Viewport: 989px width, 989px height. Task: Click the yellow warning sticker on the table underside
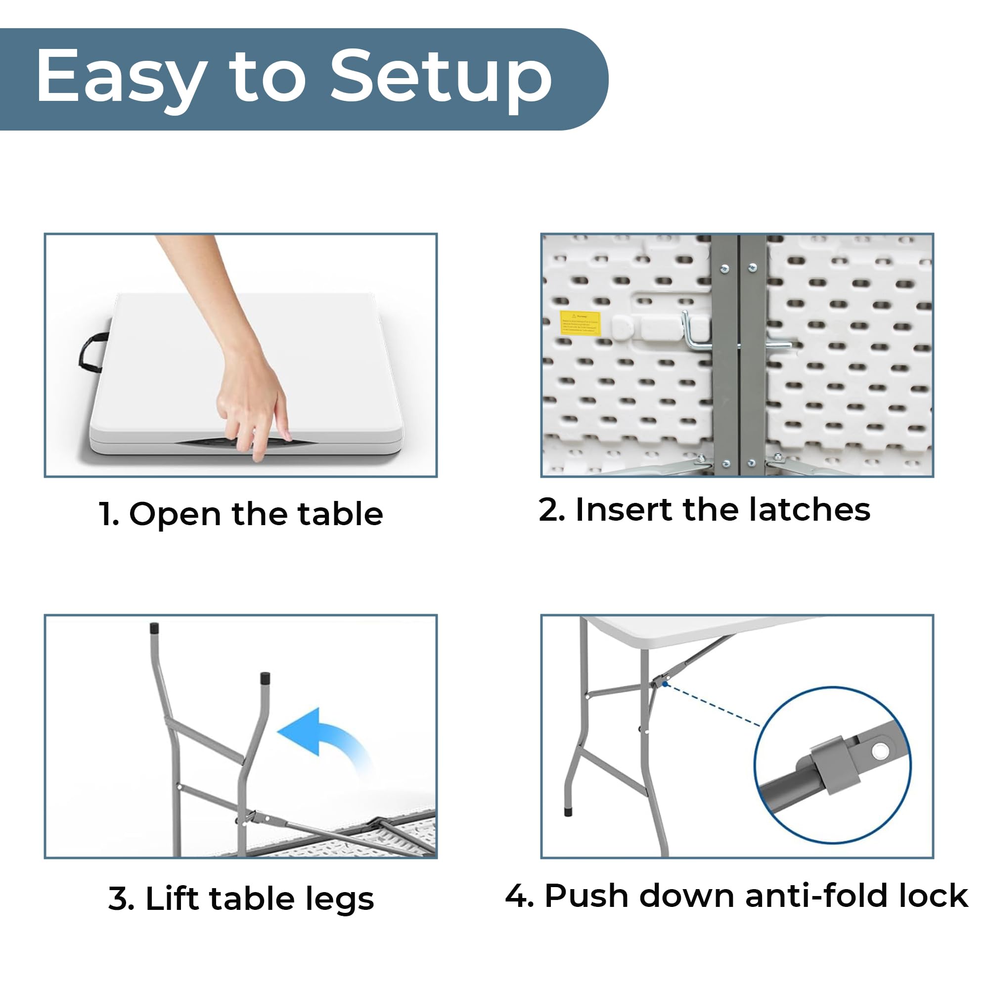[x=580, y=323]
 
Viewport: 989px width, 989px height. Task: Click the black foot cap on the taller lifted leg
[x=154, y=629]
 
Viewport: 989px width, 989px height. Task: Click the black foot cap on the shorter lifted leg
[x=265, y=679]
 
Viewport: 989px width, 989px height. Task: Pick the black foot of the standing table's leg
[x=568, y=812]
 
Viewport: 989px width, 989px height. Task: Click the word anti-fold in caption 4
[x=809, y=896]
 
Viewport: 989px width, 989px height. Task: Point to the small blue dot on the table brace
[x=665, y=683]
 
